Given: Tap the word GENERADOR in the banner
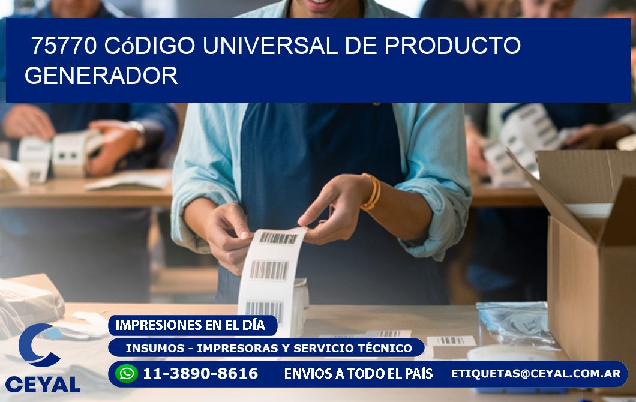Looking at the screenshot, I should coord(101,76).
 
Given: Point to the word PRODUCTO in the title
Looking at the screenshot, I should coord(452,46).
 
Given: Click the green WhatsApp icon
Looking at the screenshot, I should coord(127,374).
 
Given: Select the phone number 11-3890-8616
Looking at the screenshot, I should coord(200,374).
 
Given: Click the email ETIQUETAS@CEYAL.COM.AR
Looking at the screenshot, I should coord(536,373).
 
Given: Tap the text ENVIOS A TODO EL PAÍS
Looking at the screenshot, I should coord(358,374).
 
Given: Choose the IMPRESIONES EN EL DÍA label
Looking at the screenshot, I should coord(190,325).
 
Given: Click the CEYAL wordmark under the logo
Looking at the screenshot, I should coord(43,385).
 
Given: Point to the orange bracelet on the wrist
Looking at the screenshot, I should coord(371,191).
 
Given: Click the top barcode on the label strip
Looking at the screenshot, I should coord(278,238).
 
